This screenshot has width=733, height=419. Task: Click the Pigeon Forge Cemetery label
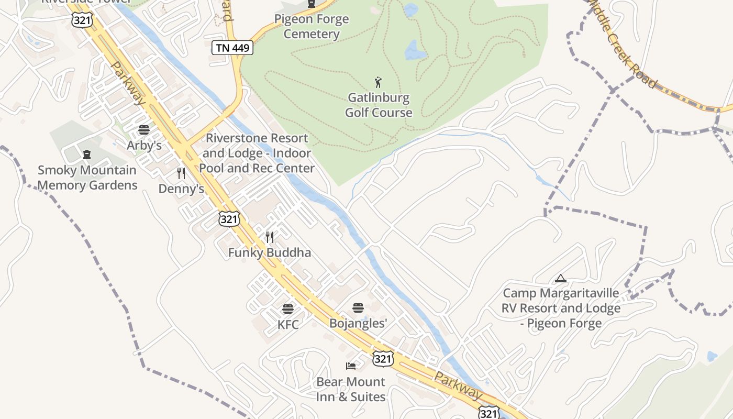312,27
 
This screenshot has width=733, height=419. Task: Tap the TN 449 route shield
232,48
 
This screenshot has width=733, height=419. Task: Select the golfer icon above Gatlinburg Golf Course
378,82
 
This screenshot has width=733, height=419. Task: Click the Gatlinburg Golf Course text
379,105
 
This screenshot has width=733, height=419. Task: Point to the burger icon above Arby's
144,130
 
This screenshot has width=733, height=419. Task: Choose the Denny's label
181,189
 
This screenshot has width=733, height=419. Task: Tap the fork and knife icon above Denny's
181,173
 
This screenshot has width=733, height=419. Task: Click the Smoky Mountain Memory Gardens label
87,178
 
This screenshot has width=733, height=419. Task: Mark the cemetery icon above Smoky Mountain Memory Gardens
87,155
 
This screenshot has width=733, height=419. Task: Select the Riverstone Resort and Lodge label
257,153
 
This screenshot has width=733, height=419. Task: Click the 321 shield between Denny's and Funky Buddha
229,219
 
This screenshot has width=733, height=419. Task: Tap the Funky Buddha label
270,252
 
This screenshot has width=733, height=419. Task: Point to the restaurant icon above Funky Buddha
270,237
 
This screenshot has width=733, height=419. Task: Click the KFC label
288,325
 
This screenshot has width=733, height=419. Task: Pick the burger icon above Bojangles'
358,307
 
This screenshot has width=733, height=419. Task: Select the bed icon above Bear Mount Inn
351,366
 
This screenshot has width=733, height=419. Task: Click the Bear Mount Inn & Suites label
351,389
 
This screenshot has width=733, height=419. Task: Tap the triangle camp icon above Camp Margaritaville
561,279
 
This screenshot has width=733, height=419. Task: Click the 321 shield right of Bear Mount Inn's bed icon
383,359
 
